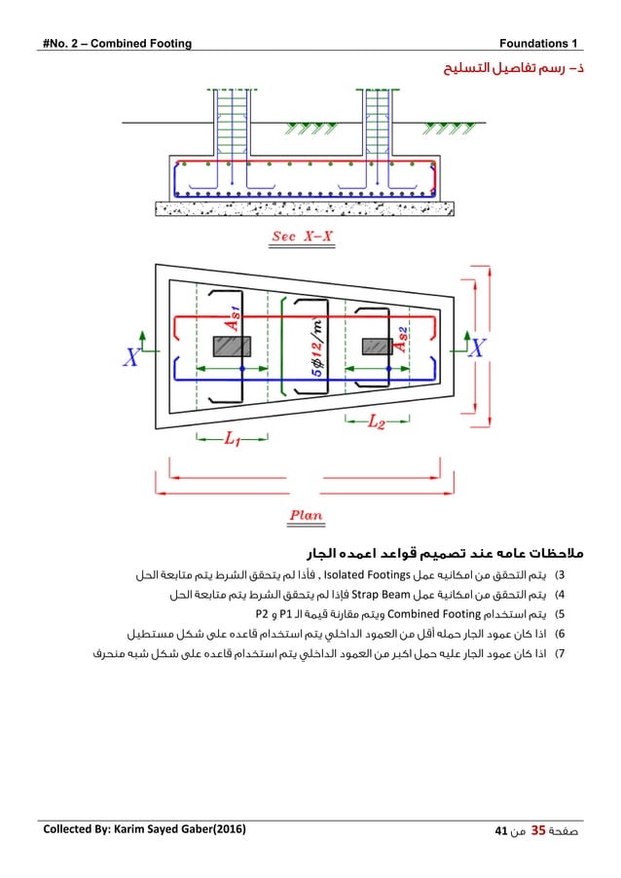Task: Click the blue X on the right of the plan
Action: tap(478, 348)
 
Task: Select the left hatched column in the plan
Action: tap(232, 346)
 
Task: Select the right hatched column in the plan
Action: tap(377, 346)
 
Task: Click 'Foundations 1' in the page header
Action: tap(538, 43)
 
